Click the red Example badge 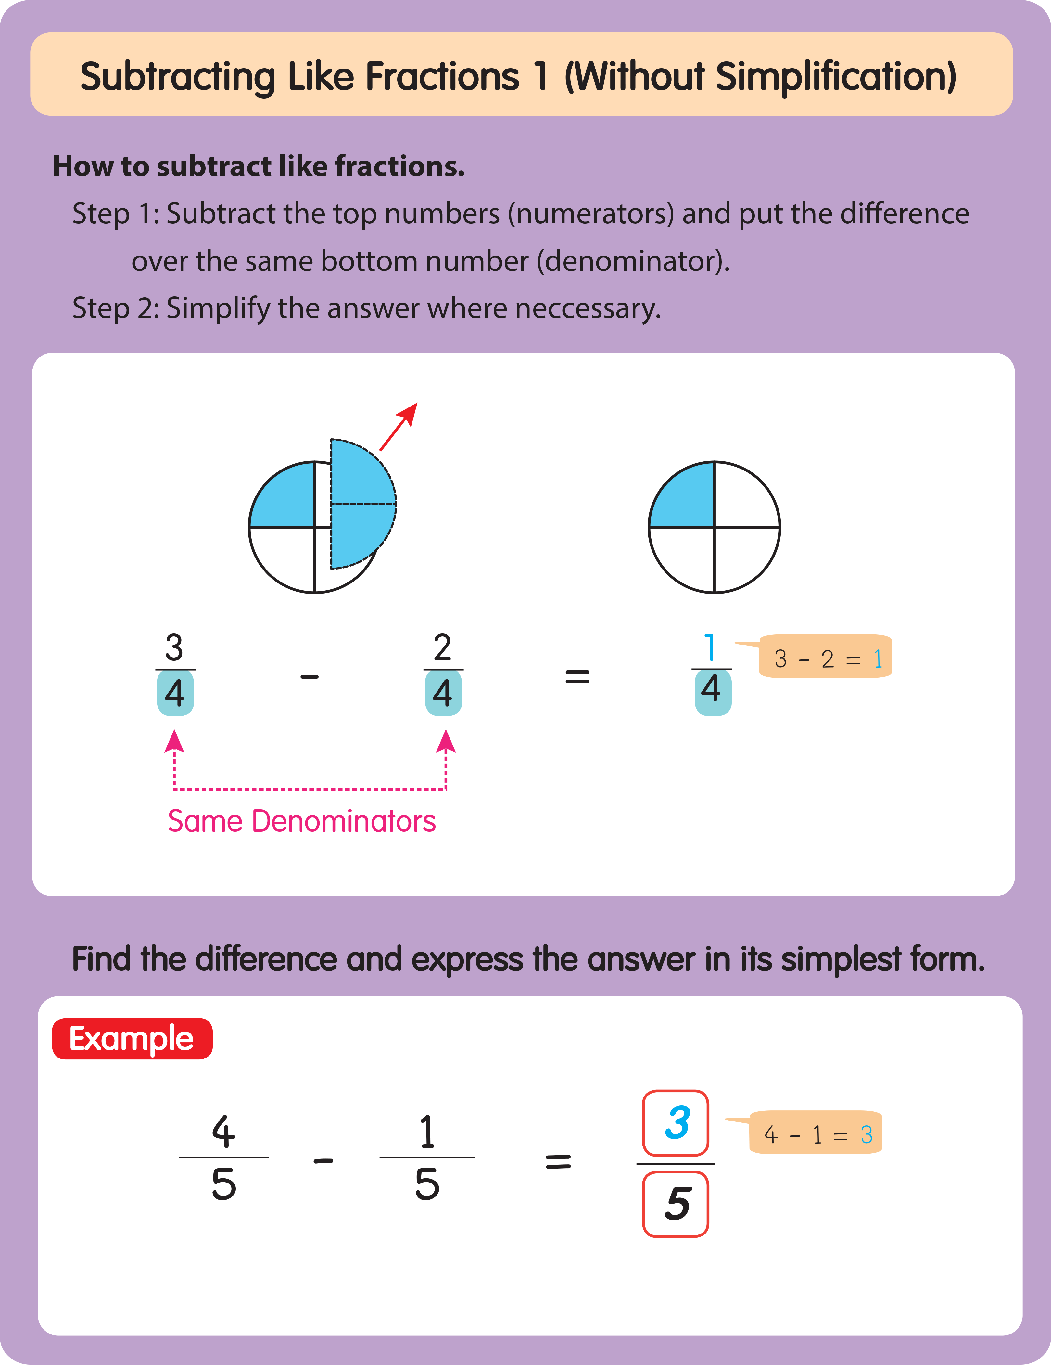(132, 1039)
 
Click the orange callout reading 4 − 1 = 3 (816, 1133)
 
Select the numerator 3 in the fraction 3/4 (174, 647)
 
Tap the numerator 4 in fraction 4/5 (223, 1131)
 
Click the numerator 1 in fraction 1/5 (427, 1131)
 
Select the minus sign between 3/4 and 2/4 (310, 676)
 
